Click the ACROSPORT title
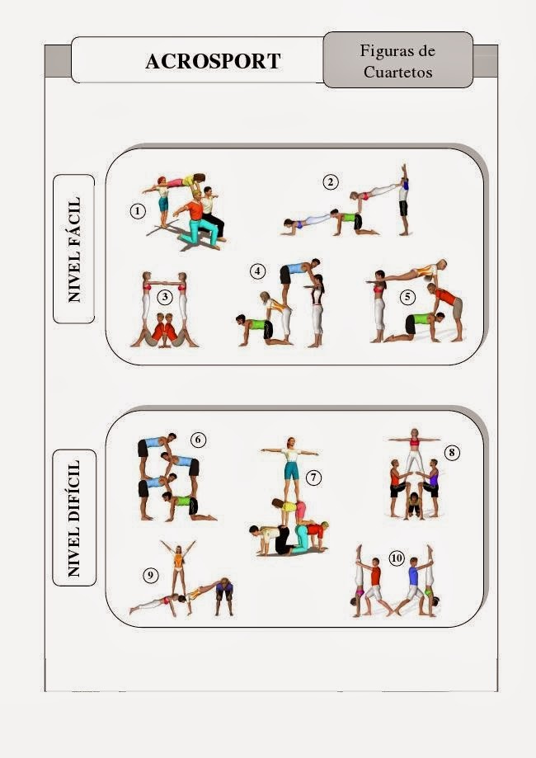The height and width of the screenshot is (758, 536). pos(213,61)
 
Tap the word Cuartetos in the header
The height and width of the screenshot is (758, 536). pos(397,72)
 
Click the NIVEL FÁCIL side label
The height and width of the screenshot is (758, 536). pos(74,249)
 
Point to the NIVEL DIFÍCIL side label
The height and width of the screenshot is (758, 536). pos(74,518)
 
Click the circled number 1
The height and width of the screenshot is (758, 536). pos(138,211)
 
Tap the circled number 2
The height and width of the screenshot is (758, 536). pos(331,182)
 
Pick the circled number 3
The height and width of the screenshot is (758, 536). pos(165,296)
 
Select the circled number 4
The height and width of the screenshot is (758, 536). pos(257,271)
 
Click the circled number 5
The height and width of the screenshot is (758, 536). pos(407,296)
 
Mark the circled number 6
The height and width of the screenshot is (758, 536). pos(198,440)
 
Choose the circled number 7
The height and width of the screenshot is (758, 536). pos(313,478)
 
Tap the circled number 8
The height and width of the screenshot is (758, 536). pos(452,453)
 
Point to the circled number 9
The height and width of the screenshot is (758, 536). pos(151,575)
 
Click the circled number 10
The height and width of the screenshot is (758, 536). pos(397,558)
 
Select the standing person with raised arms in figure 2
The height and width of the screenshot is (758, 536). pos(403,200)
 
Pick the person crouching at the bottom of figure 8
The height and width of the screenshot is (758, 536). pos(414,506)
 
